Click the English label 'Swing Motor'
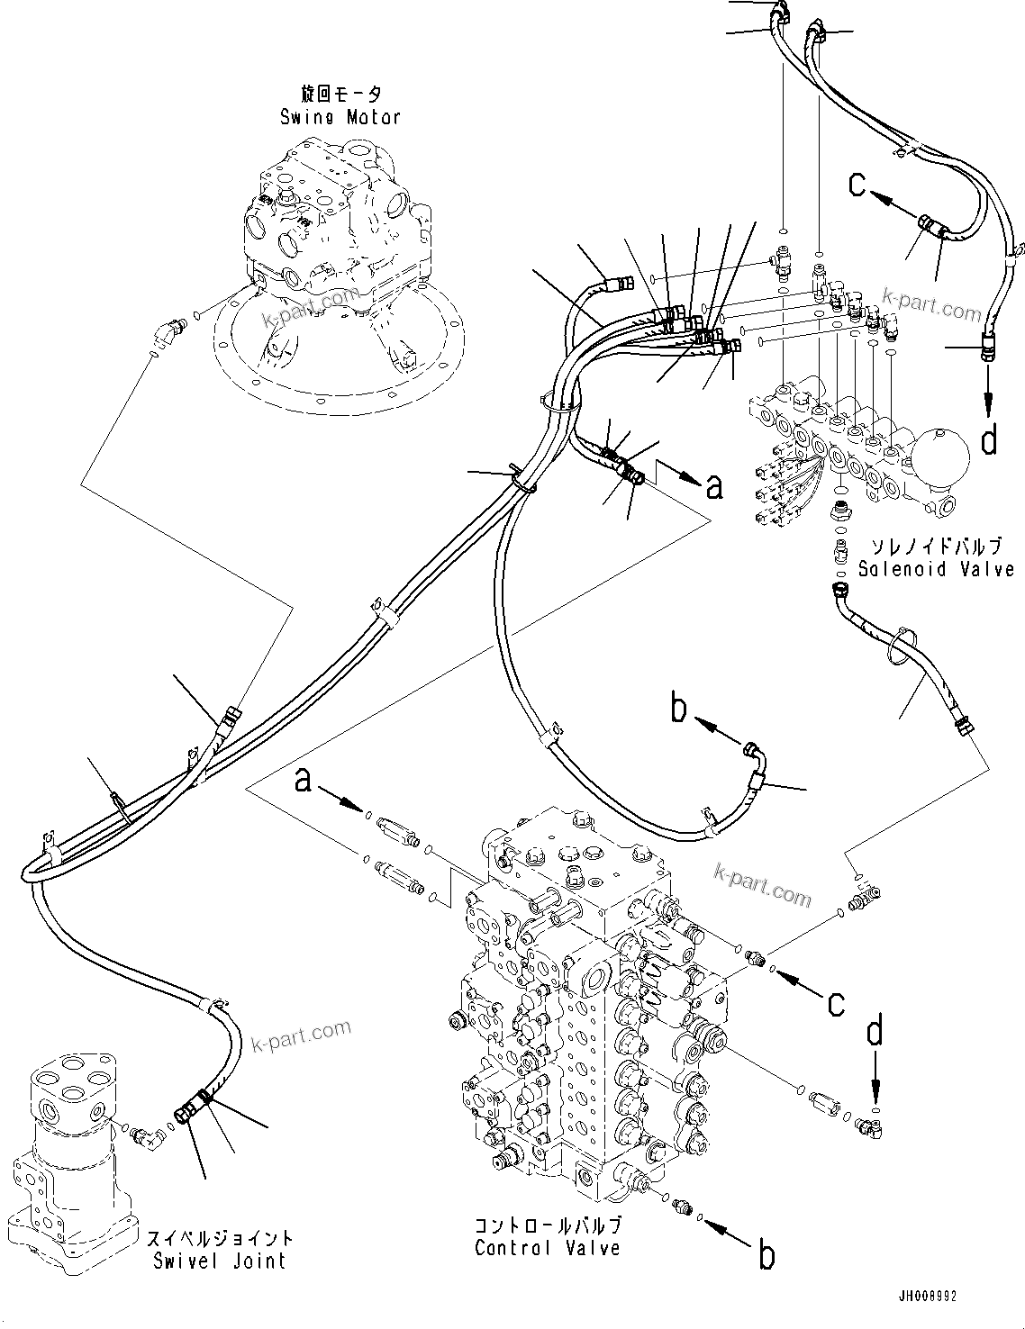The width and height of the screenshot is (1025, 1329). point(340,117)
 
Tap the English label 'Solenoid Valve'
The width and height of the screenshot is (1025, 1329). point(936,569)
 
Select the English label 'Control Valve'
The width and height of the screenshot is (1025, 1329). point(547,1248)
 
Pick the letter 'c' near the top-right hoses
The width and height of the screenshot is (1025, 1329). point(858,185)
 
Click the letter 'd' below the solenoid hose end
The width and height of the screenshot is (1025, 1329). point(989,440)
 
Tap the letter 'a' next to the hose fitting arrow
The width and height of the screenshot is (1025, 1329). point(714,487)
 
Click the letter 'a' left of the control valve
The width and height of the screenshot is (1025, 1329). point(304,779)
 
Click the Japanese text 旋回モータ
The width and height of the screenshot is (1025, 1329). point(340,95)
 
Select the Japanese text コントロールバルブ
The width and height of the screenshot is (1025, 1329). point(547,1225)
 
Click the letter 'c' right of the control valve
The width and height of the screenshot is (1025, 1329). point(837,1001)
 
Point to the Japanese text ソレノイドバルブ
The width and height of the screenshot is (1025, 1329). point(936,547)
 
